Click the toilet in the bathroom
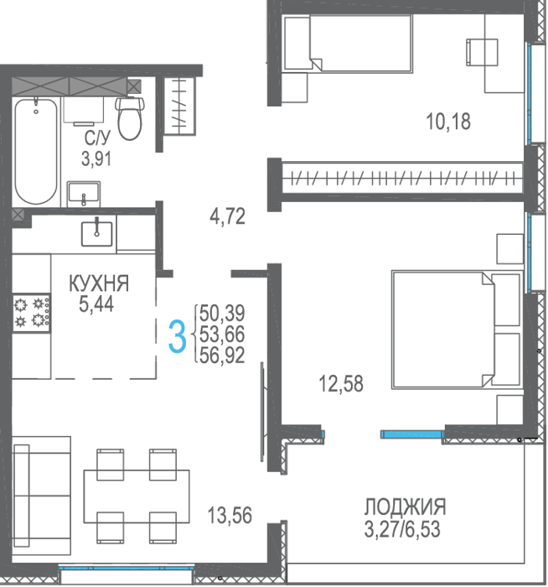tap(129, 118)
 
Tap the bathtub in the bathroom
tap(36, 151)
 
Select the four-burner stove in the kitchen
tap(31, 313)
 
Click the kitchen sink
tap(97, 233)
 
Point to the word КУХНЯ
tap(99, 283)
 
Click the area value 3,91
tap(96, 158)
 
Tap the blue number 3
tap(177, 337)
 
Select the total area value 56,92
tap(222, 356)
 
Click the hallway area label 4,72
tap(227, 216)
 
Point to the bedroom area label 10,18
tap(448, 122)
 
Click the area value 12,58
tap(341, 384)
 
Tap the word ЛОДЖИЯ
tap(406, 506)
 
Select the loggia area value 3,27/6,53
tap(402, 529)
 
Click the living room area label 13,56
tap(230, 515)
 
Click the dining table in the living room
tap(137, 496)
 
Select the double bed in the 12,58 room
tap(458, 330)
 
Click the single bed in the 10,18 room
tap(349, 43)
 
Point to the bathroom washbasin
tap(84, 194)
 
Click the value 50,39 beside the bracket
tap(222, 313)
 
